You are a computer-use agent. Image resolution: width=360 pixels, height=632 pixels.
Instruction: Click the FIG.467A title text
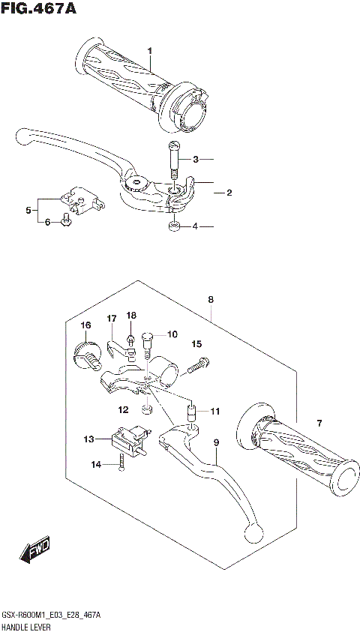(40, 10)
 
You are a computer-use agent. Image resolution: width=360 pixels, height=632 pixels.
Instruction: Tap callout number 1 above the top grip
(150, 51)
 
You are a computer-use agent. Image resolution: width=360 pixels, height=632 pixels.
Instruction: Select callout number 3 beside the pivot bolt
(195, 160)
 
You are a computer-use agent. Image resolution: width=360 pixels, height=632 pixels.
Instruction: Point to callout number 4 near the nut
(195, 226)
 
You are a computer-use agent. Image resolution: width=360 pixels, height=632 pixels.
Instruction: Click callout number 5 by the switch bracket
(28, 211)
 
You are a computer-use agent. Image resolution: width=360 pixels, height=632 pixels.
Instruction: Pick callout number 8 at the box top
(211, 300)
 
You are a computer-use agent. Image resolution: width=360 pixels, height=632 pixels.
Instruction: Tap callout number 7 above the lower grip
(319, 424)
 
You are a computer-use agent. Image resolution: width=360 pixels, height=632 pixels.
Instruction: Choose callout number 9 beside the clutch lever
(215, 443)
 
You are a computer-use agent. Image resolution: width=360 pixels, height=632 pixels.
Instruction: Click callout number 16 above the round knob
(86, 325)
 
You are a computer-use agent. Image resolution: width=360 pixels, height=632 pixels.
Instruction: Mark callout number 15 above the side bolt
(196, 344)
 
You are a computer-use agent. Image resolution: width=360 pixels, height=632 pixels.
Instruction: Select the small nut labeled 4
(173, 226)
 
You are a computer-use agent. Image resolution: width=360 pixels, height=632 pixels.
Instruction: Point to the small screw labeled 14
(121, 466)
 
